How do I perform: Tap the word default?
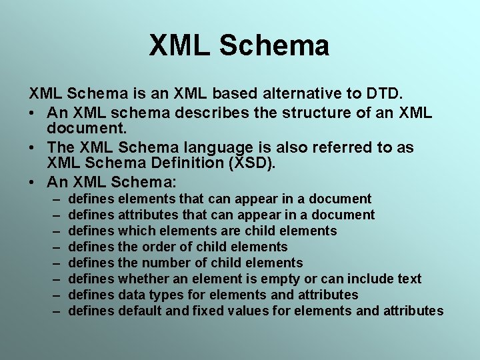click(141, 311)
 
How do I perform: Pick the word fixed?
click(206, 311)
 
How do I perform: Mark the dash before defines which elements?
click(54, 231)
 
